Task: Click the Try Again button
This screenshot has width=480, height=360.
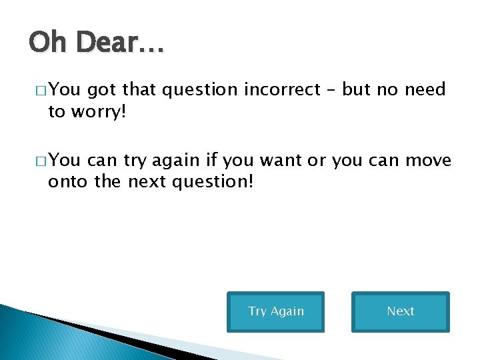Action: (275, 311)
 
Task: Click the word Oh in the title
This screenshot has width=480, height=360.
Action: (47, 44)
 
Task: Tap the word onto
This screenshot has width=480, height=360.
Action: (67, 181)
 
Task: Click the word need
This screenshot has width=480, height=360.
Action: (425, 90)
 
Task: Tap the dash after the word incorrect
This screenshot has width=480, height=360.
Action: (333, 91)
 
